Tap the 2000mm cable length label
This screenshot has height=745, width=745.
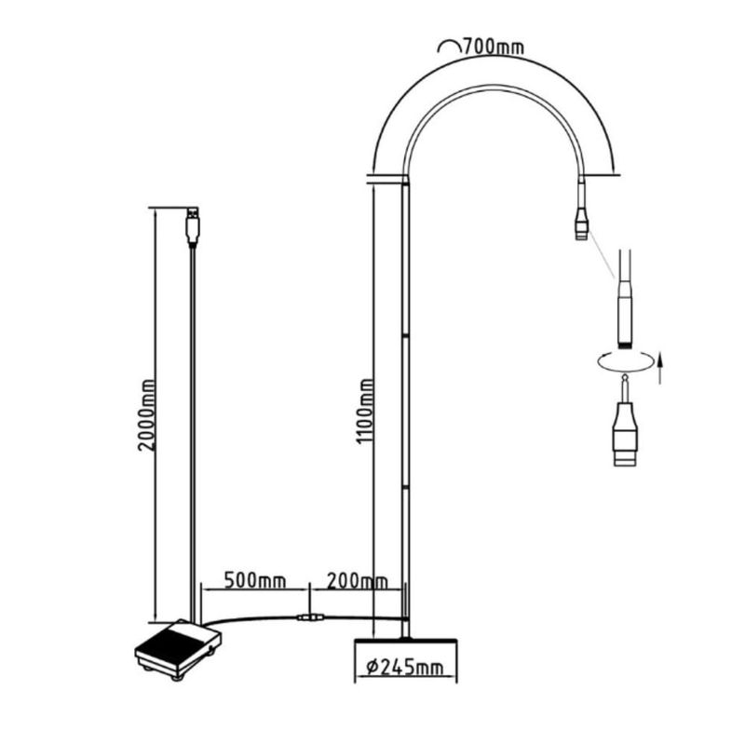[x=146, y=414]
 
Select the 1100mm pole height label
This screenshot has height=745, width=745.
[x=366, y=410]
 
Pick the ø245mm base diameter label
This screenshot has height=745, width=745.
[x=404, y=668]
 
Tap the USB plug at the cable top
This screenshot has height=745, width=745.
[x=193, y=225]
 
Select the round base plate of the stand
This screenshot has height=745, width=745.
[x=404, y=644]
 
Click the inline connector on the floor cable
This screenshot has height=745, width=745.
[x=308, y=617]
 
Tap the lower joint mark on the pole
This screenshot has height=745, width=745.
[x=404, y=486]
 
